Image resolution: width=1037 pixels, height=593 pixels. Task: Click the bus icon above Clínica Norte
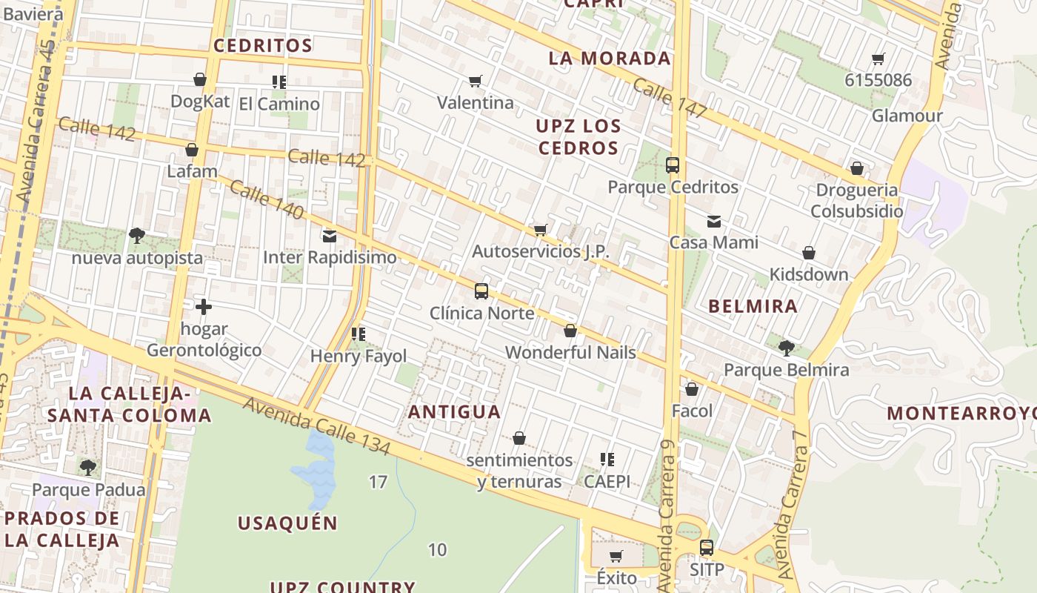[x=481, y=291]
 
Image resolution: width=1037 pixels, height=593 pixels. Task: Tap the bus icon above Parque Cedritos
[x=673, y=165]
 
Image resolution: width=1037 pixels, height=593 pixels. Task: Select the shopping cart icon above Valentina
[x=476, y=81]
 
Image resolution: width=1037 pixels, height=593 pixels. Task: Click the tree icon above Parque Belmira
[x=786, y=348]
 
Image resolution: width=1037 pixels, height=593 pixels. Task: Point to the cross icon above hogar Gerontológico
[x=204, y=306]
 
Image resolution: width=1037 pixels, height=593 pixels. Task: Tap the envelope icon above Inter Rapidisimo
[x=330, y=236]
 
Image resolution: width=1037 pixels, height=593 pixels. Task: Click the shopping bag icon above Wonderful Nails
[x=570, y=331]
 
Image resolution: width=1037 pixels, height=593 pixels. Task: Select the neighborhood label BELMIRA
[x=753, y=306]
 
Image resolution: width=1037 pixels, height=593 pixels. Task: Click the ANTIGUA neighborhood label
[x=455, y=411]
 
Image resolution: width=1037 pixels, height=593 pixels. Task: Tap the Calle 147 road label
[x=670, y=98]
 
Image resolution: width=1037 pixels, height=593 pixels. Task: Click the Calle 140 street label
[x=267, y=199]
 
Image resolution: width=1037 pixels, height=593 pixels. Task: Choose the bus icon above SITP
[x=707, y=549]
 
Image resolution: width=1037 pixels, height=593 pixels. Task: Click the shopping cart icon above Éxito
[x=616, y=556]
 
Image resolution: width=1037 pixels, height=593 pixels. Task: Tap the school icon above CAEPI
[x=607, y=460]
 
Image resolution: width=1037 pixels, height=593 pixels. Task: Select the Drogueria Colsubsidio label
[x=856, y=200]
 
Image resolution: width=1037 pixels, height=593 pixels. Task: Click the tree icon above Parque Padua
[x=88, y=468]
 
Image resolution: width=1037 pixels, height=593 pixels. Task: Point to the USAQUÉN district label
[x=287, y=523]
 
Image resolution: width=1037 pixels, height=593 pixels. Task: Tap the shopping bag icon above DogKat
[x=200, y=79]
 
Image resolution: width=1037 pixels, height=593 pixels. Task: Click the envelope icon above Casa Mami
[x=713, y=221]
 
